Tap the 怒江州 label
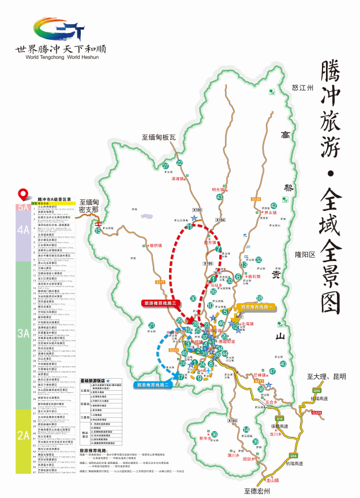click(x=302, y=88)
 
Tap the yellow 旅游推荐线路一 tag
click(x=256, y=307)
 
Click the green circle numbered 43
click(x=220, y=197)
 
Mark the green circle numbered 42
click(x=274, y=206)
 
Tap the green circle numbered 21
click(x=152, y=326)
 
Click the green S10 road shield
click(x=280, y=418)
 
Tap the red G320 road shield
click(x=317, y=412)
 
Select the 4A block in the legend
click(x=24, y=229)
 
